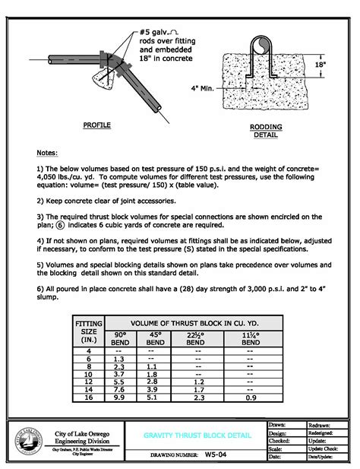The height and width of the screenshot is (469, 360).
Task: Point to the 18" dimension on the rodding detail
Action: pos(321,66)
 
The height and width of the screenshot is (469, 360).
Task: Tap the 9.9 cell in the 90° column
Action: pos(119,396)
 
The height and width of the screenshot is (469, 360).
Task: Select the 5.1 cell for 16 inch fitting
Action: pos(154,396)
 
